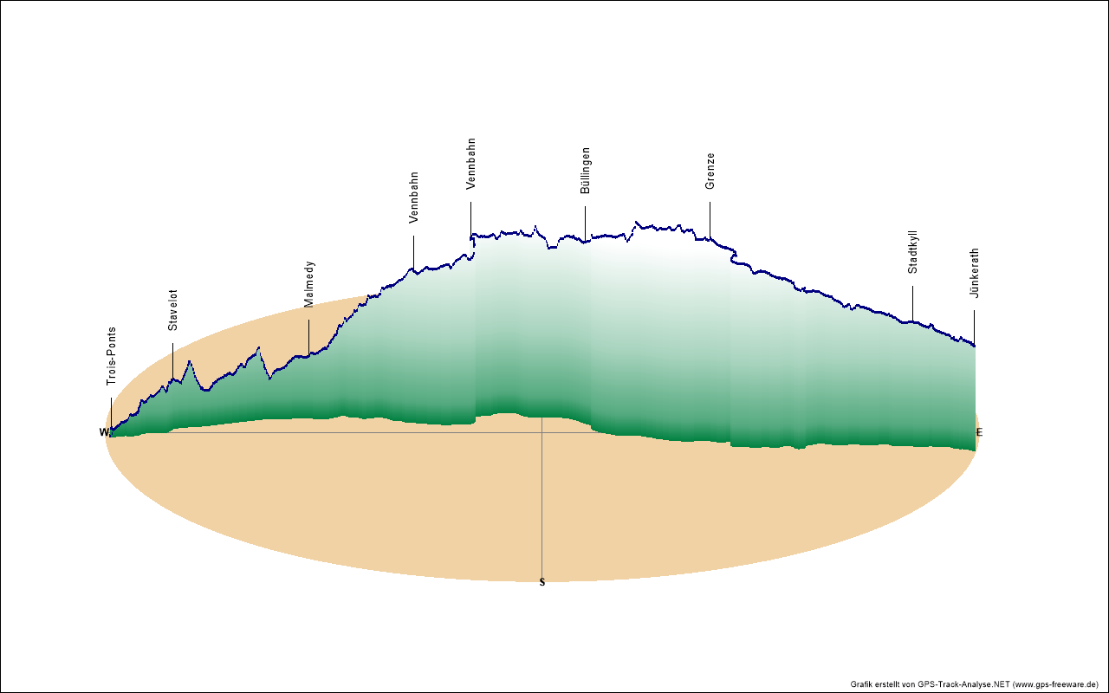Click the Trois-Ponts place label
point(111,356)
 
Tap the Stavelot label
point(172,310)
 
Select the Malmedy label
point(309,284)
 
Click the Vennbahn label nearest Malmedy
point(414,198)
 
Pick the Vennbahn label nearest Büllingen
point(471,164)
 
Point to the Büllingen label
point(586,170)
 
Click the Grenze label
point(710,172)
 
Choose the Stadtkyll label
point(913,253)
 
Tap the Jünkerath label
point(975,274)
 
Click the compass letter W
point(103,432)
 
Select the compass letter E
point(980,432)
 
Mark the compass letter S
point(542,582)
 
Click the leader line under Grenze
point(710,220)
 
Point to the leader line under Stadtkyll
point(912,303)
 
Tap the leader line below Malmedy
point(308,337)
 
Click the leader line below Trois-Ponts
point(111,412)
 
